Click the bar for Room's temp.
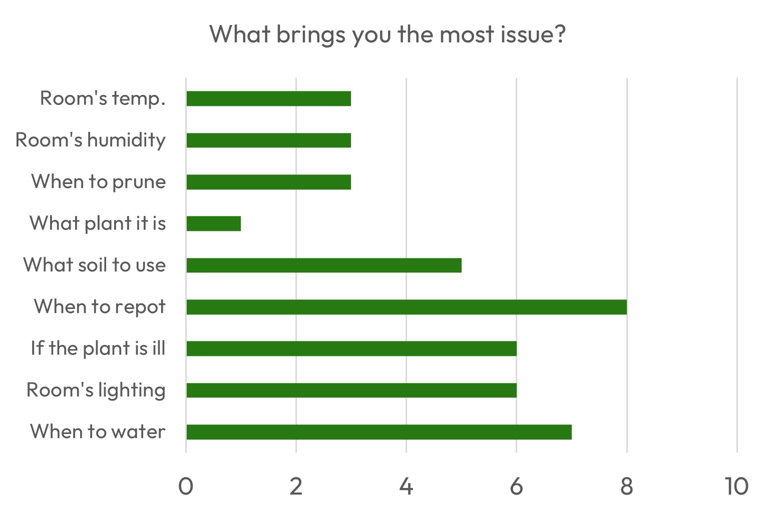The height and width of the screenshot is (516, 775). [x=268, y=98]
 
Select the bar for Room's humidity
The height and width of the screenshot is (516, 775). [x=268, y=140]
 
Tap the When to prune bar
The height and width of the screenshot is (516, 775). [x=268, y=182]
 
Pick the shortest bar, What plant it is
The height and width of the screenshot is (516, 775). [x=213, y=223]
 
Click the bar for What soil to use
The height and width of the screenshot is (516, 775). [x=323, y=265]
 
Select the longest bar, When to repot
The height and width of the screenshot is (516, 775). [x=406, y=307]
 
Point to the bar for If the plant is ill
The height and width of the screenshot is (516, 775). [x=351, y=348]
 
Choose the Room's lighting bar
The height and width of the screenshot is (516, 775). [x=351, y=390]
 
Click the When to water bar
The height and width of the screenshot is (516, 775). [x=378, y=432]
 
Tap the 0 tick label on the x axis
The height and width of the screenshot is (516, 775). [x=186, y=486]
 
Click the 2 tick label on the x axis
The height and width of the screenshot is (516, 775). [x=296, y=486]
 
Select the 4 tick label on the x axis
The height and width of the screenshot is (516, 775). [x=406, y=486]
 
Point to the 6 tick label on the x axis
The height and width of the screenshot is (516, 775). [x=516, y=486]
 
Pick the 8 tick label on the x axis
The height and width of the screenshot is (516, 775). [x=626, y=486]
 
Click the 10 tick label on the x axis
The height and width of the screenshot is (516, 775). [x=736, y=486]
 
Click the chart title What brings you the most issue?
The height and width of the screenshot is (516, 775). [x=387, y=34]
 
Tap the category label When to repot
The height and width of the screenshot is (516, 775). [x=100, y=306]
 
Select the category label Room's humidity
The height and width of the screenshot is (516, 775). [x=91, y=140]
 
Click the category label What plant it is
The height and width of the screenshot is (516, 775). [x=98, y=223]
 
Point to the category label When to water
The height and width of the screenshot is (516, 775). [x=98, y=431]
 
